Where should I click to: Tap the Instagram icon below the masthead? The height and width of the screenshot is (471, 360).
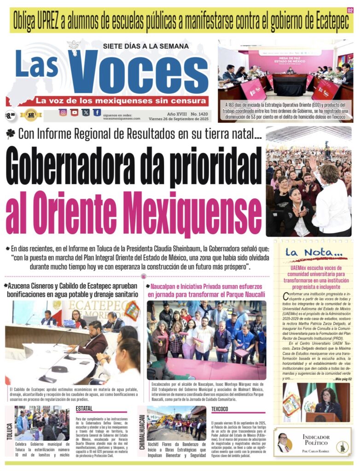63,112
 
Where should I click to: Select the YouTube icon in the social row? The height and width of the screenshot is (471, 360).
74,112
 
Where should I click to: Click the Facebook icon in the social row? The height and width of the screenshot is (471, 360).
97,112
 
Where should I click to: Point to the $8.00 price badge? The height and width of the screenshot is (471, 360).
10,115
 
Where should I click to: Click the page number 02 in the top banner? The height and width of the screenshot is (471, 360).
350,10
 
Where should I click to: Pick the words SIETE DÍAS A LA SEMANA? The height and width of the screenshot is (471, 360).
145,46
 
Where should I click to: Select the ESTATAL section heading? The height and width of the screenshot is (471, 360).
85,408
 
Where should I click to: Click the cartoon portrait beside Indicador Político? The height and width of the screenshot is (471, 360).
284,442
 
